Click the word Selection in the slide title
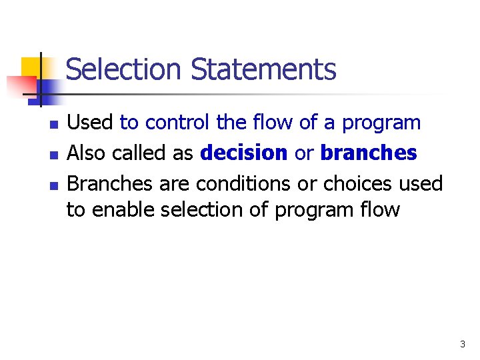[123, 69]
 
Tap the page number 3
[462, 345]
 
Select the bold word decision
[243, 153]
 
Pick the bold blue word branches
[369, 153]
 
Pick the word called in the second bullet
[141, 153]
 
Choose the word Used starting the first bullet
[91, 123]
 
